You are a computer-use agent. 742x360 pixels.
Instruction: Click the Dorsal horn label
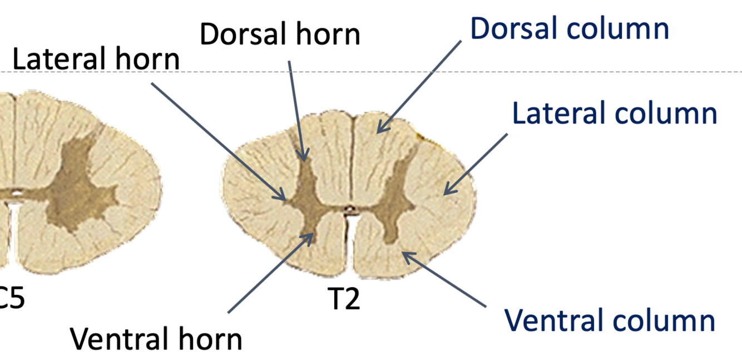(280, 34)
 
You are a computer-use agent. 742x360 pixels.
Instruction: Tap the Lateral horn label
(96, 59)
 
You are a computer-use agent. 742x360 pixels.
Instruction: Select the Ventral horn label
(156, 338)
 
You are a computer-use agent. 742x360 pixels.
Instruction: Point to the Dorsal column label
(570, 28)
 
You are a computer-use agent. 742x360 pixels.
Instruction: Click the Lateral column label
(614, 113)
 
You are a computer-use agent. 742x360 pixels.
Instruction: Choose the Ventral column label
(609, 320)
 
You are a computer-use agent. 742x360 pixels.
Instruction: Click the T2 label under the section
(343, 300)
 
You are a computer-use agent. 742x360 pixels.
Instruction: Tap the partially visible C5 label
(11, 300)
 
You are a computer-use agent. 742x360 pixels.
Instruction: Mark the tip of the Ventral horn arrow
(313, 234)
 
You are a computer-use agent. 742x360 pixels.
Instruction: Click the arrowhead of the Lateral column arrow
(444, 194)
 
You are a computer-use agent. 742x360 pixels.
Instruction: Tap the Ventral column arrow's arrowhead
(403, 253)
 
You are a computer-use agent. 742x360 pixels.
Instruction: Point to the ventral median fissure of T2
(349, 245)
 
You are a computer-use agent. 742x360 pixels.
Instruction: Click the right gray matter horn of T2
(396, 200)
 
